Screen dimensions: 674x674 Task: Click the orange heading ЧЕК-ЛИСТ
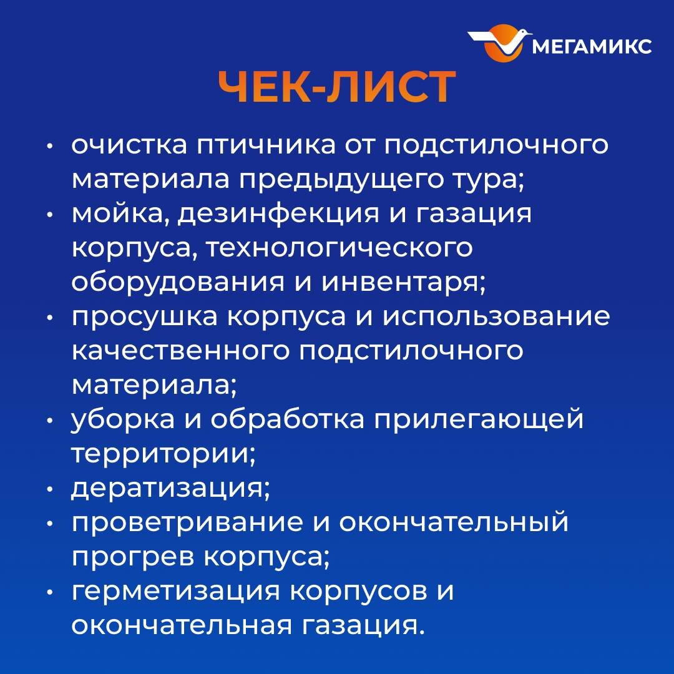tap(336, 88)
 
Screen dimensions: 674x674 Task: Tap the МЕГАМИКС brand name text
tap(592, 46)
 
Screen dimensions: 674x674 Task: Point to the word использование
tap(496, 317)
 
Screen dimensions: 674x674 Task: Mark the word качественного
tap(181, 351)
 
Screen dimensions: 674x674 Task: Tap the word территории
tap(163, 454)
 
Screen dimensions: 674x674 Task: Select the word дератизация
tap(170, 488)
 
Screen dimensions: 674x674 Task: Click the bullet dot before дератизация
tap(51, 488)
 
